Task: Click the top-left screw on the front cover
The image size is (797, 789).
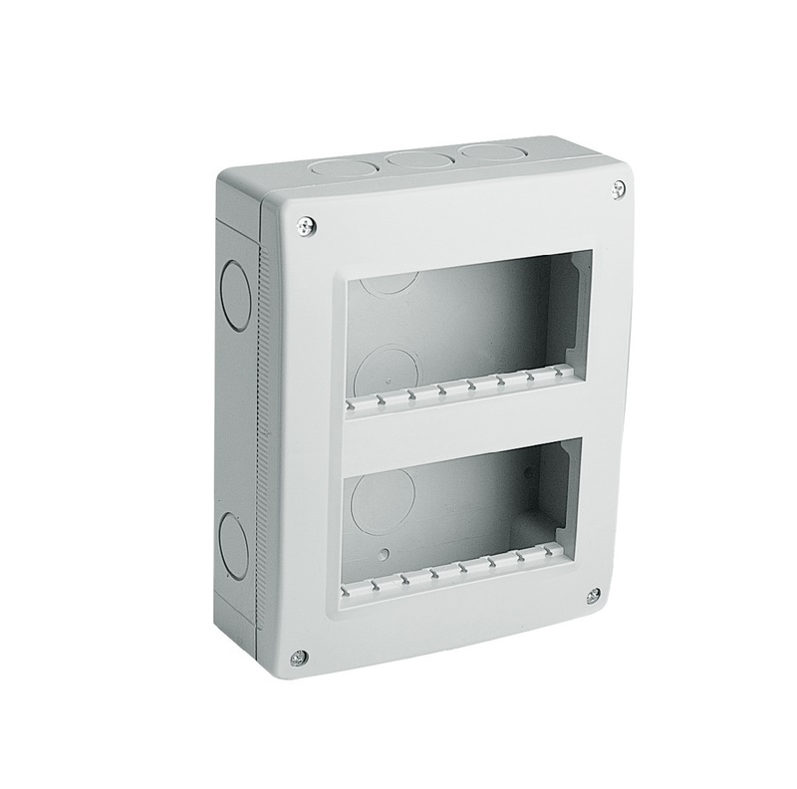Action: coord(306,227)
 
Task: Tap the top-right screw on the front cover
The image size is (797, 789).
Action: coord(619,186)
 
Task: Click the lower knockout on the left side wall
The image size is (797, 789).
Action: coord(231,542)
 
